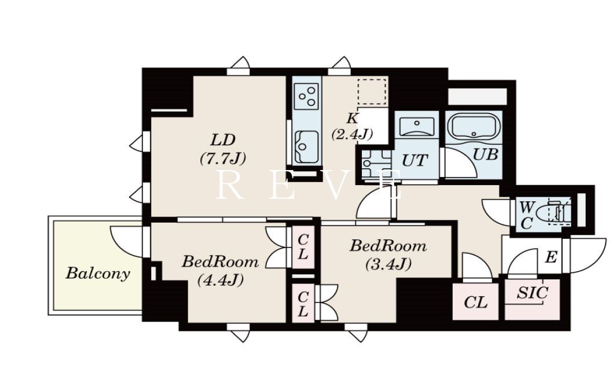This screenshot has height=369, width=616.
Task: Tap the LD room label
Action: pyautogui.click(x=223, y=140)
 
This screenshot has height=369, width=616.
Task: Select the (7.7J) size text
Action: pyautogui.click(x=223, y=158)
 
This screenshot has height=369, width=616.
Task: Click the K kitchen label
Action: pyautogui.click(x=352, y=118)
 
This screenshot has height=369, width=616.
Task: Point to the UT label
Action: pyautogui.click(x=415, y=161)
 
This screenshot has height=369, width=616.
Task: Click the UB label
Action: pyautogui.click(x=486, y=154)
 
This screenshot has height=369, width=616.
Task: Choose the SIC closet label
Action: pyautogui.click(x=532, y=293)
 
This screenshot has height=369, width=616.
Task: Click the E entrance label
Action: pyautogui.click(x=551, y=257)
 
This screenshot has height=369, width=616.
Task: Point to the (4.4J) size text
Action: pyautogui.click(x=220, y=280)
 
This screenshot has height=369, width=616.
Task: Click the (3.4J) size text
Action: pyautogui.click(x=388, y=264)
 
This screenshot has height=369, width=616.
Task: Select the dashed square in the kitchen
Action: pyautogui.click(x=372, y=91)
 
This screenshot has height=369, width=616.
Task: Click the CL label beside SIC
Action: pyautogui.click(x=476, y=302)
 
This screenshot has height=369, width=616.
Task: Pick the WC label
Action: pyautogui.click(x=526, y=215)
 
